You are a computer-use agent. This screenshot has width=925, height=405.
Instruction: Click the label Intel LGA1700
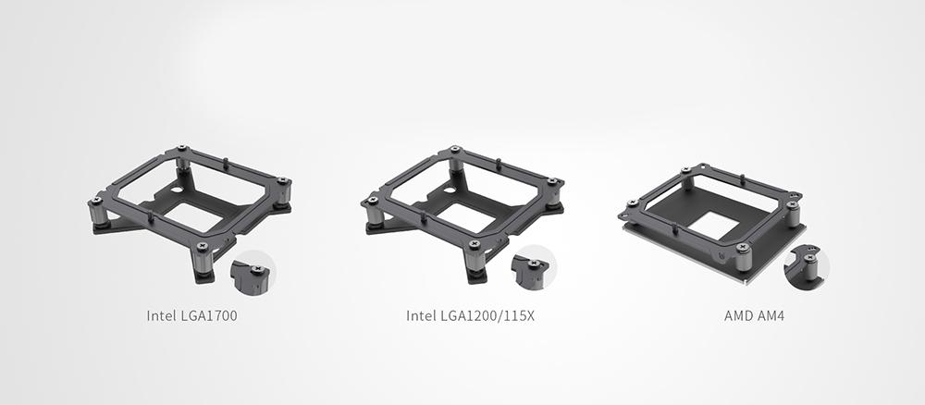click(191, 315)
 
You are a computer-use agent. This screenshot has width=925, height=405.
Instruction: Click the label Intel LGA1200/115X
click(470, 315)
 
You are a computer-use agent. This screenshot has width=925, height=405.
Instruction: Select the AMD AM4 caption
click(754, 315)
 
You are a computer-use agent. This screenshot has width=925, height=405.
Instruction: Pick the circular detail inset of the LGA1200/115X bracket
click(534, 267)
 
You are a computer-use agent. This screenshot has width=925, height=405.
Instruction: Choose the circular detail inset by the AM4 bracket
click(807, 267)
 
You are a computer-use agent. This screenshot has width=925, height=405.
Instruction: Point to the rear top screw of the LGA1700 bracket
click(181, 147)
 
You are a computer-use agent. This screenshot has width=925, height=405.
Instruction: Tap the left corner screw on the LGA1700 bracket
click(97, 201)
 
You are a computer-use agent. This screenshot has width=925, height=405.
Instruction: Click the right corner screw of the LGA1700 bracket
click(282, 180)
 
